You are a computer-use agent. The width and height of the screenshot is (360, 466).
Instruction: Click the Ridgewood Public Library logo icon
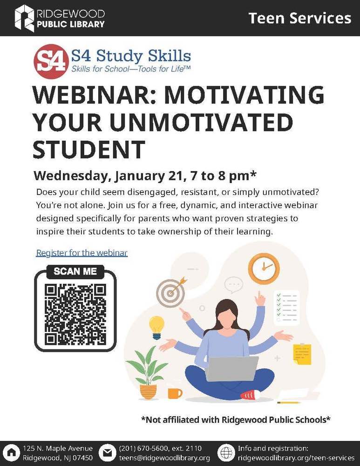(x=24, y=18)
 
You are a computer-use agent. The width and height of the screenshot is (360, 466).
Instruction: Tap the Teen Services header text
(x=299, y=18)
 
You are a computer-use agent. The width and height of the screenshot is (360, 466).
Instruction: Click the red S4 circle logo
(x=49, y=62)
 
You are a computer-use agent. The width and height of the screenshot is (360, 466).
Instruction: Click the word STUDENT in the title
(x=88, y=149)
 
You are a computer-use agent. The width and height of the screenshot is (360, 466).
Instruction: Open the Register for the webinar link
(x=82, y=253)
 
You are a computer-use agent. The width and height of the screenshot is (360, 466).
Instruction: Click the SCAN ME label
(x=75, y=271)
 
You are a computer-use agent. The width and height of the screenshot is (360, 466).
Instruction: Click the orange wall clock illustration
(x=264, y=269)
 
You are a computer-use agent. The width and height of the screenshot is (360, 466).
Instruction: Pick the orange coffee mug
(x=174, y=393)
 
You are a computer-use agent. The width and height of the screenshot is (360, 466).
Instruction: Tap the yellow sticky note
(x=302, y=354)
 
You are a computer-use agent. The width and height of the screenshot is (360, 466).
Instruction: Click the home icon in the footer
(x=11, y=453)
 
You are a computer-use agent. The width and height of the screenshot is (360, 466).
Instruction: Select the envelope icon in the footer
(x=108, y=453)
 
